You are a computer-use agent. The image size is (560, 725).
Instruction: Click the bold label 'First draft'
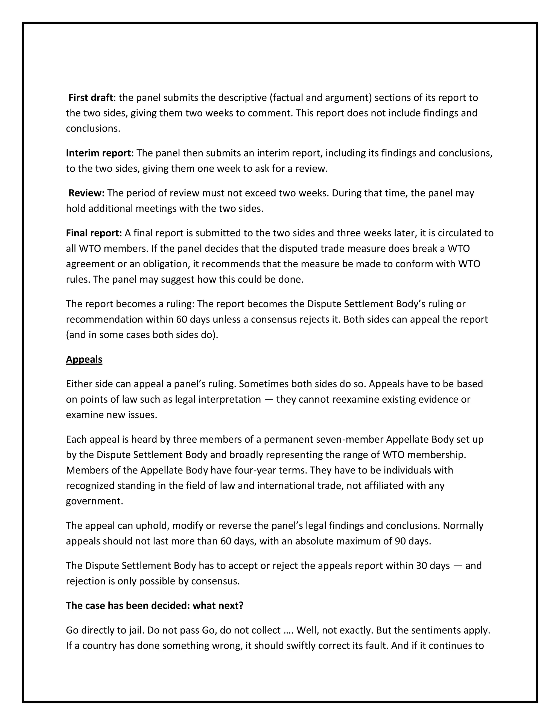91,98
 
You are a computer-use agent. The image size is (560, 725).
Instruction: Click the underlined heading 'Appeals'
84,359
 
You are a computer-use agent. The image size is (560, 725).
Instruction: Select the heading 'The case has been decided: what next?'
154,605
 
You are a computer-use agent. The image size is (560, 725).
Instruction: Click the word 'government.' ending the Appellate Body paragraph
95,501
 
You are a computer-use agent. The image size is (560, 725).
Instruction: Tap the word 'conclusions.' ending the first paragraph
93,129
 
